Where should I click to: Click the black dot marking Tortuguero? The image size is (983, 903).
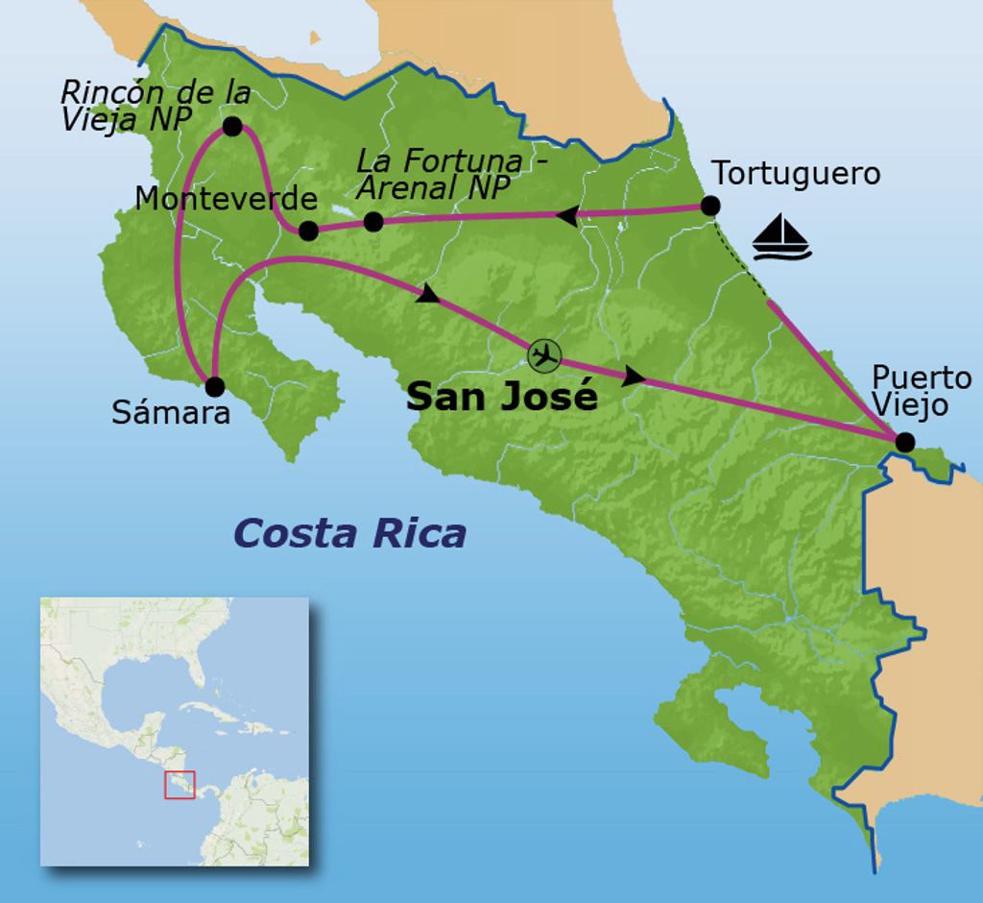709,206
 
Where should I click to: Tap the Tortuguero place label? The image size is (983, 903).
796,174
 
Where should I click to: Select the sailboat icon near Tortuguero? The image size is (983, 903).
781,237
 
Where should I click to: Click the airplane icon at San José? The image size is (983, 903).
544,355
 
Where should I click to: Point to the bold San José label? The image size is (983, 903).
502,395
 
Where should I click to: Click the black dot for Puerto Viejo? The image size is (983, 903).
903,442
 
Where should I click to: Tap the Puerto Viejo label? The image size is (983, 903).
922,390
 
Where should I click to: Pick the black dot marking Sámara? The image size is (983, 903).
215,387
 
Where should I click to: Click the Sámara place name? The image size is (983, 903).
171,413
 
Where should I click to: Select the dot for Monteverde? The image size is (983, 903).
308,231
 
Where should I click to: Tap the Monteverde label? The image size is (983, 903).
226,199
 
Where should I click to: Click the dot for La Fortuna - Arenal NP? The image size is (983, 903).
373,222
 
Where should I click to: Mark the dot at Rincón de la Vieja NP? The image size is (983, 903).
231,126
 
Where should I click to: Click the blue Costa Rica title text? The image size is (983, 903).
349,532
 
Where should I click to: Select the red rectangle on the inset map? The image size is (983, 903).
180,784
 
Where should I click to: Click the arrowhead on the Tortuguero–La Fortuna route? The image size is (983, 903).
567,216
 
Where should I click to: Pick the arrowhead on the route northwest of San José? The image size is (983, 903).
427,293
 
